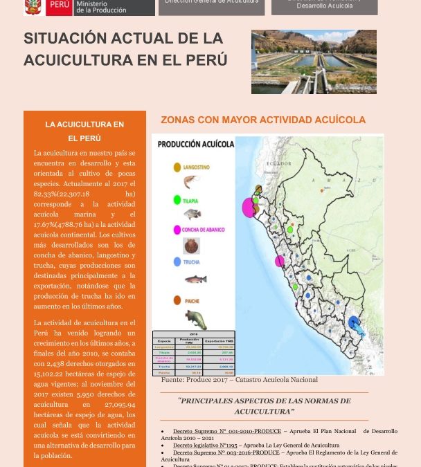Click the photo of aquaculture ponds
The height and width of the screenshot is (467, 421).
[x=314, y=62]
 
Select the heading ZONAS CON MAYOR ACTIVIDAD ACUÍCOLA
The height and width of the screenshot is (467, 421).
[x=263, y=120]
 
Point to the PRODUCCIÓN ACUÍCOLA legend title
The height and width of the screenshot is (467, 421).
[x=196, y=145]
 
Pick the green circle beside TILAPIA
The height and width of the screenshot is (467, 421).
[x=177, y=199]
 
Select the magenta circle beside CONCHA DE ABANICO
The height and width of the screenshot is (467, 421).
[x=177, y=230]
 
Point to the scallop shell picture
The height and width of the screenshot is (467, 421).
[x=191, y=246]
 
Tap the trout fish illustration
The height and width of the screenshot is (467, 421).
[x=195, y=280]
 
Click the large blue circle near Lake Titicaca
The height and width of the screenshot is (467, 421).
[x=355, y=322]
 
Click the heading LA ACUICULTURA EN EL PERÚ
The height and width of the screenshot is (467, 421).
[x=84, y=131]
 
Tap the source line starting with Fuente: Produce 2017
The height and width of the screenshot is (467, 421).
[x=239, y=379]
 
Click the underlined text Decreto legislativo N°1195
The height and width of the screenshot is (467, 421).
[x=205, y=445]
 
